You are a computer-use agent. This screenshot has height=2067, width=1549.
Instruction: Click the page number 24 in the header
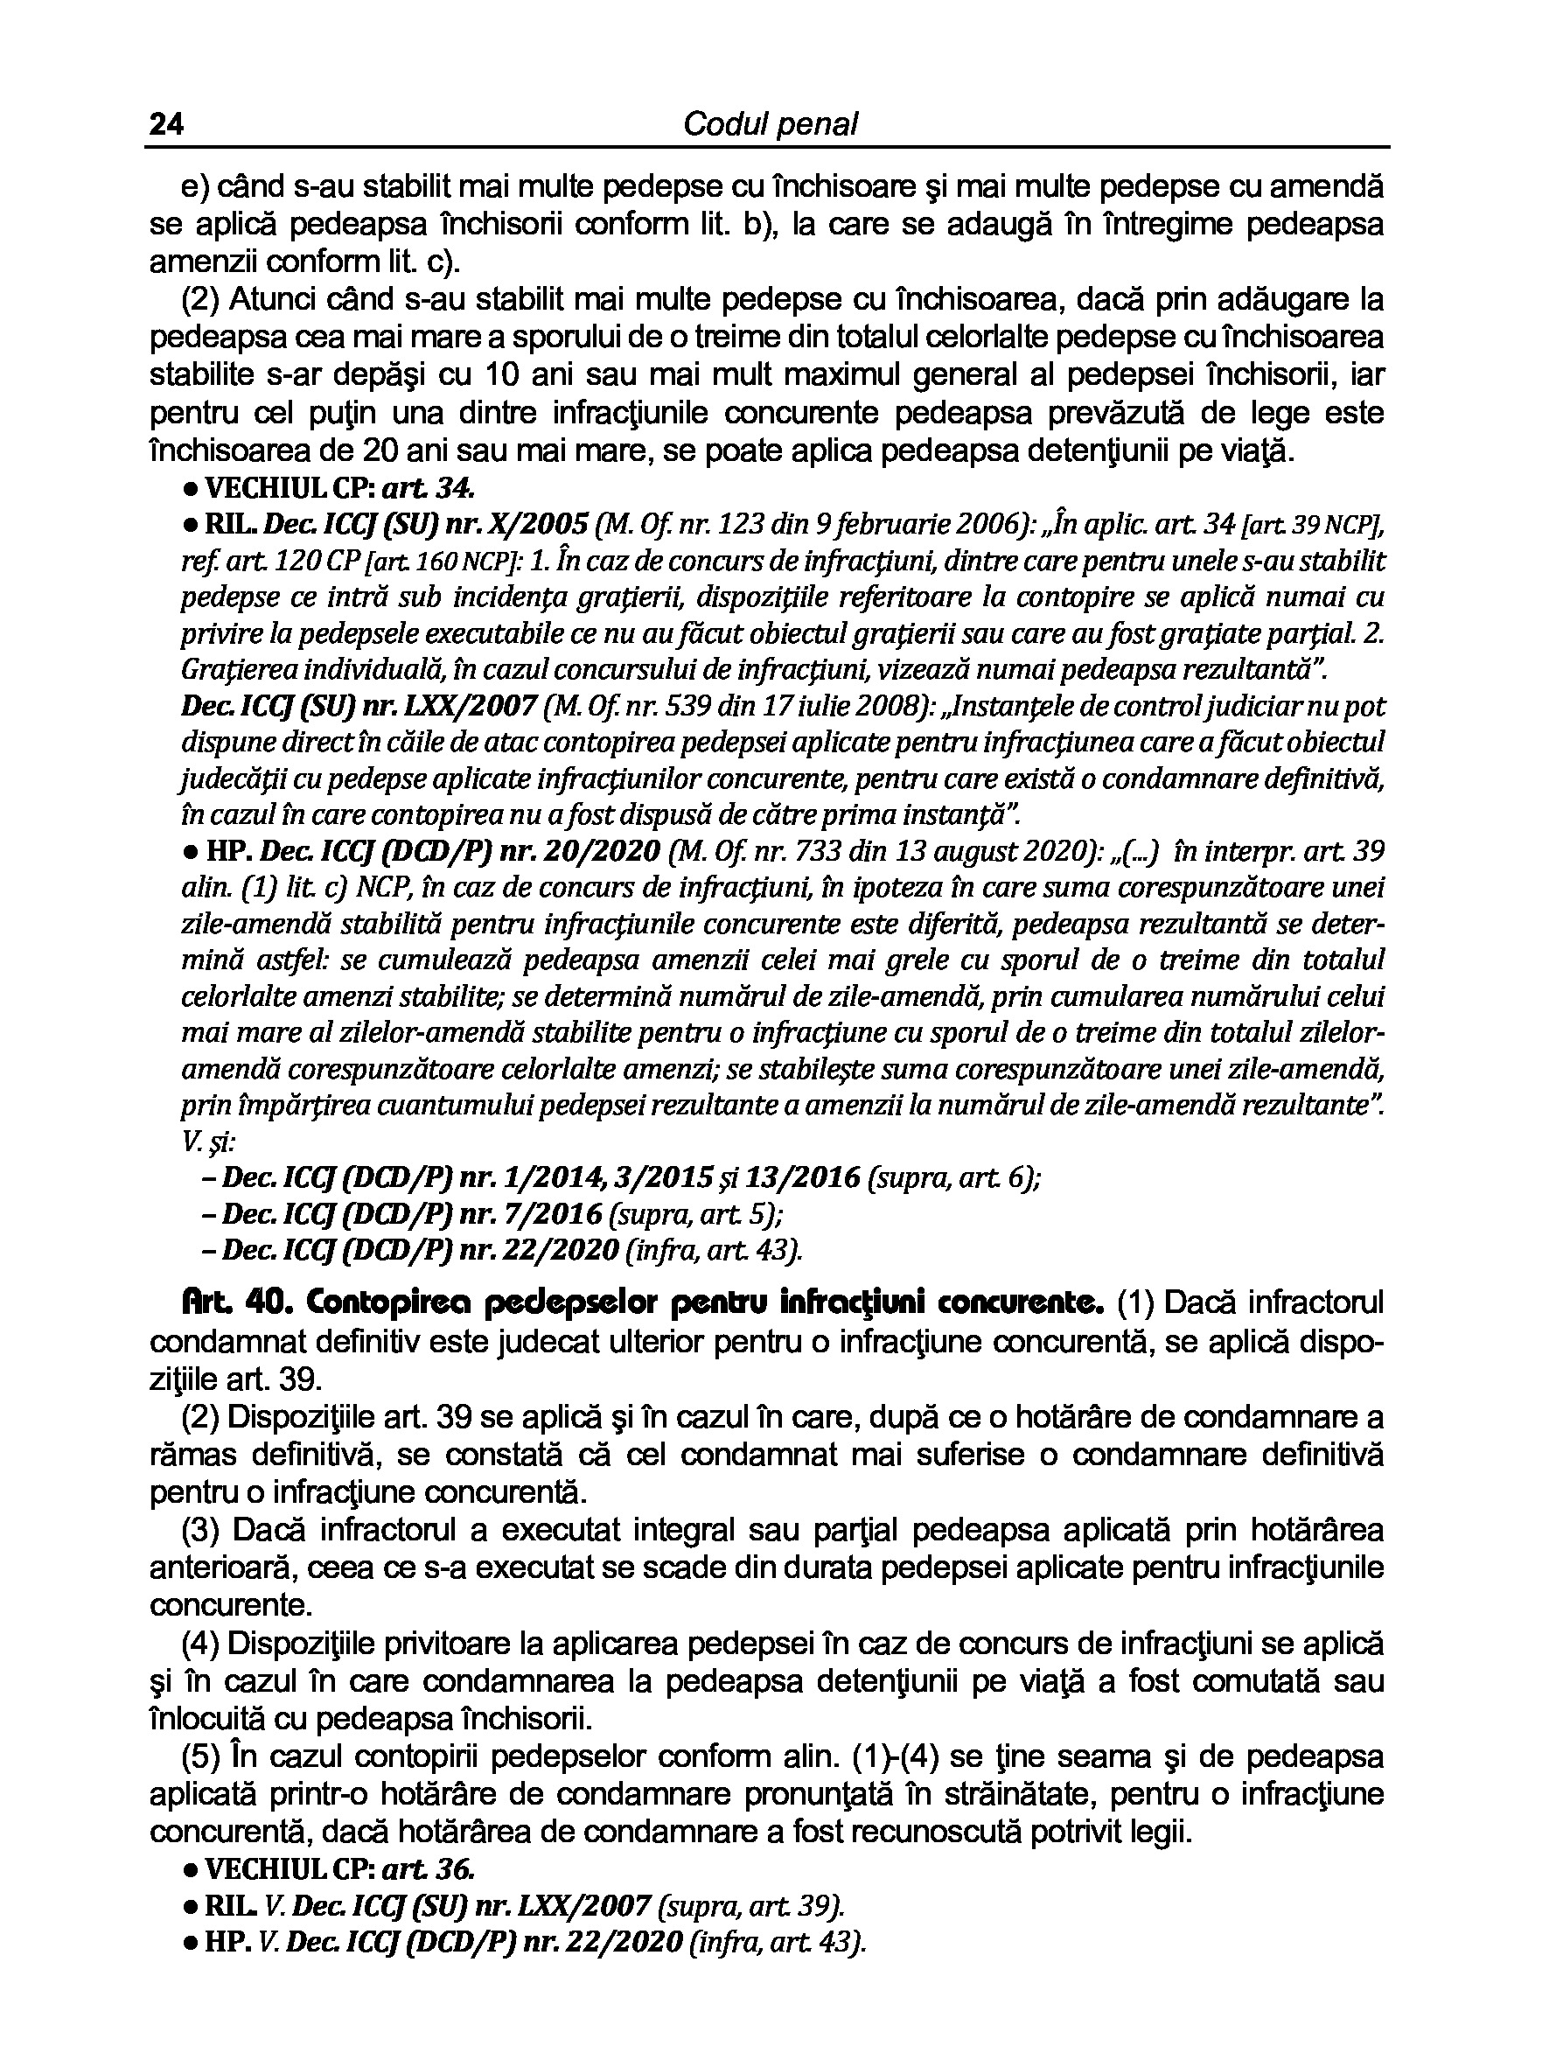click(165, 124)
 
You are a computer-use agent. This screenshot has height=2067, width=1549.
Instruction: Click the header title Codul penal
click(770, 124)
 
